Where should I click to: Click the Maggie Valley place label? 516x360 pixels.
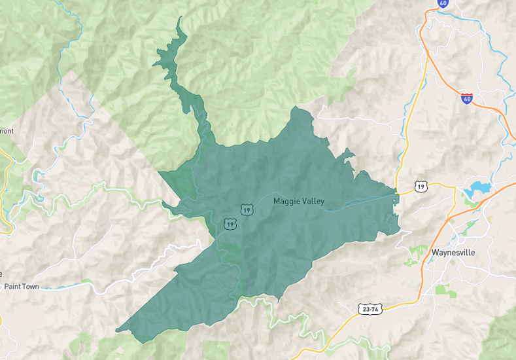click(298, 202)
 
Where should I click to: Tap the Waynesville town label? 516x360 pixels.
click(453, 252)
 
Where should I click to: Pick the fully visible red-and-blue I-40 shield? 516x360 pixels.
click(466, 98)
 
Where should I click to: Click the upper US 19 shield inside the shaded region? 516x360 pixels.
click(246, 209)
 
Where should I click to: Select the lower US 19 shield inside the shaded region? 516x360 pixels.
click(230, 224)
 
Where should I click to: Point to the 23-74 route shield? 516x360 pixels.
click(369, 308)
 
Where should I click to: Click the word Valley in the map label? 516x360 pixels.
click(312, 202)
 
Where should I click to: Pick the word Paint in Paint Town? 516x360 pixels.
click(14, 287)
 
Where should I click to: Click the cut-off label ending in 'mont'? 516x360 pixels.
click(6, 131)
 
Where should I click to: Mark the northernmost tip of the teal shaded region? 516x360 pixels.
click(179, 17)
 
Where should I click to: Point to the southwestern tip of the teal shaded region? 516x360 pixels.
click(117, 331)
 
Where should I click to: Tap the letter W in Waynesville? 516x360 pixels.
click(435, 252)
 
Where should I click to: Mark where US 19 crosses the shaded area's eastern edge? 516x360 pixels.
click(396, 193)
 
